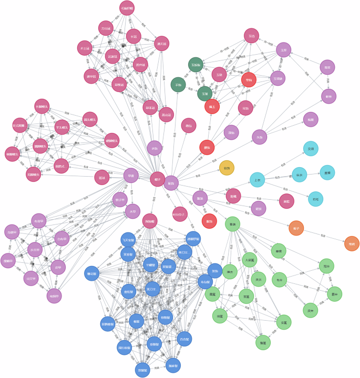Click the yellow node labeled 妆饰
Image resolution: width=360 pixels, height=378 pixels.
point(227,168)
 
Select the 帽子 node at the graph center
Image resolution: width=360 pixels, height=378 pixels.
point(157,179)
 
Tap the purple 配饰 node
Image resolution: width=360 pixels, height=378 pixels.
point(171,183)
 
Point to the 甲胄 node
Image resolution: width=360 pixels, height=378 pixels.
point(131,175)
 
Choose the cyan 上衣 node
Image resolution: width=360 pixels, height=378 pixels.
point(257,180)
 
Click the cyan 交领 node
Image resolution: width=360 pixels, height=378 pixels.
point(311,149)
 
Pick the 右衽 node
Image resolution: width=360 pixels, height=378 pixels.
point(315,199)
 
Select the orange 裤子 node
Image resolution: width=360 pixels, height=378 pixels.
point(296,228)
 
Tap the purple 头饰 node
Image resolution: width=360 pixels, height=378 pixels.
point(259,137)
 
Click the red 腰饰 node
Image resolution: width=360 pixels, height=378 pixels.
point(207,148)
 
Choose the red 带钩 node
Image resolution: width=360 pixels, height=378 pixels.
point(249,80)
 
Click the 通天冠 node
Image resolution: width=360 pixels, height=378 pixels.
point(162,43)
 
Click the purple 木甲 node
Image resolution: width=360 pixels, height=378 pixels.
point(133,211)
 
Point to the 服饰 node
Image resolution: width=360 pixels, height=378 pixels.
point(199,198)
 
